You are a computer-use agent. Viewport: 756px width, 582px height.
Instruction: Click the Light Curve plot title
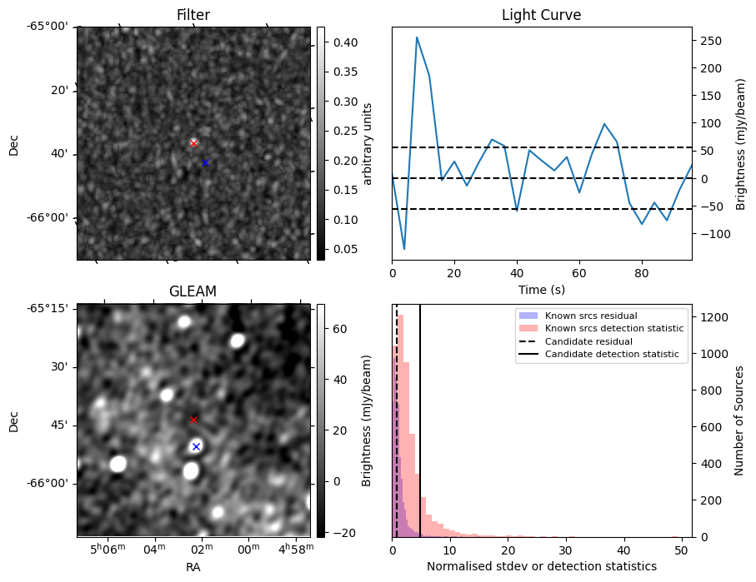(x=541, y=15)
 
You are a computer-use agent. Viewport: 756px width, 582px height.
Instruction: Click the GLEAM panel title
(x=193, y=291)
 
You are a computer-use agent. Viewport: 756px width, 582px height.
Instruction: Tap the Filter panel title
(x=193, y=15)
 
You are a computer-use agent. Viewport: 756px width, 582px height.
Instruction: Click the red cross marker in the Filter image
(x=193, y=143)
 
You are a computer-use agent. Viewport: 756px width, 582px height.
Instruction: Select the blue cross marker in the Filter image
(x=205, y=162)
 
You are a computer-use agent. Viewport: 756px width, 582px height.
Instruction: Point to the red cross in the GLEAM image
(x=194, y=420)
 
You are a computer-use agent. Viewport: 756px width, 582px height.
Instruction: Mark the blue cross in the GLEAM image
(x=196, y=446)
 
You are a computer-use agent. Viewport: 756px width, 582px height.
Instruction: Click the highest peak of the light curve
(x=417, y=37)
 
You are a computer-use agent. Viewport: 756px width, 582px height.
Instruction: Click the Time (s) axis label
(x=541, y=288)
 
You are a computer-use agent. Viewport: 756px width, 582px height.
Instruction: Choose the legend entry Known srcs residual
(x=590, y=316)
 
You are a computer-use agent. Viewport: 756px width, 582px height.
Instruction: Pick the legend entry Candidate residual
(x=588, y=341)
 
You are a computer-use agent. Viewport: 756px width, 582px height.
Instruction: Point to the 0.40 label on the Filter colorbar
(x=345, y=42)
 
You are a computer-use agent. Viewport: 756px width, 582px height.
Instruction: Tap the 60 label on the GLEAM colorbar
(x=340, y=330)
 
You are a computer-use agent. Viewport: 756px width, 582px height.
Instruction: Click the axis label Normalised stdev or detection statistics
(x=541, y=566)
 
